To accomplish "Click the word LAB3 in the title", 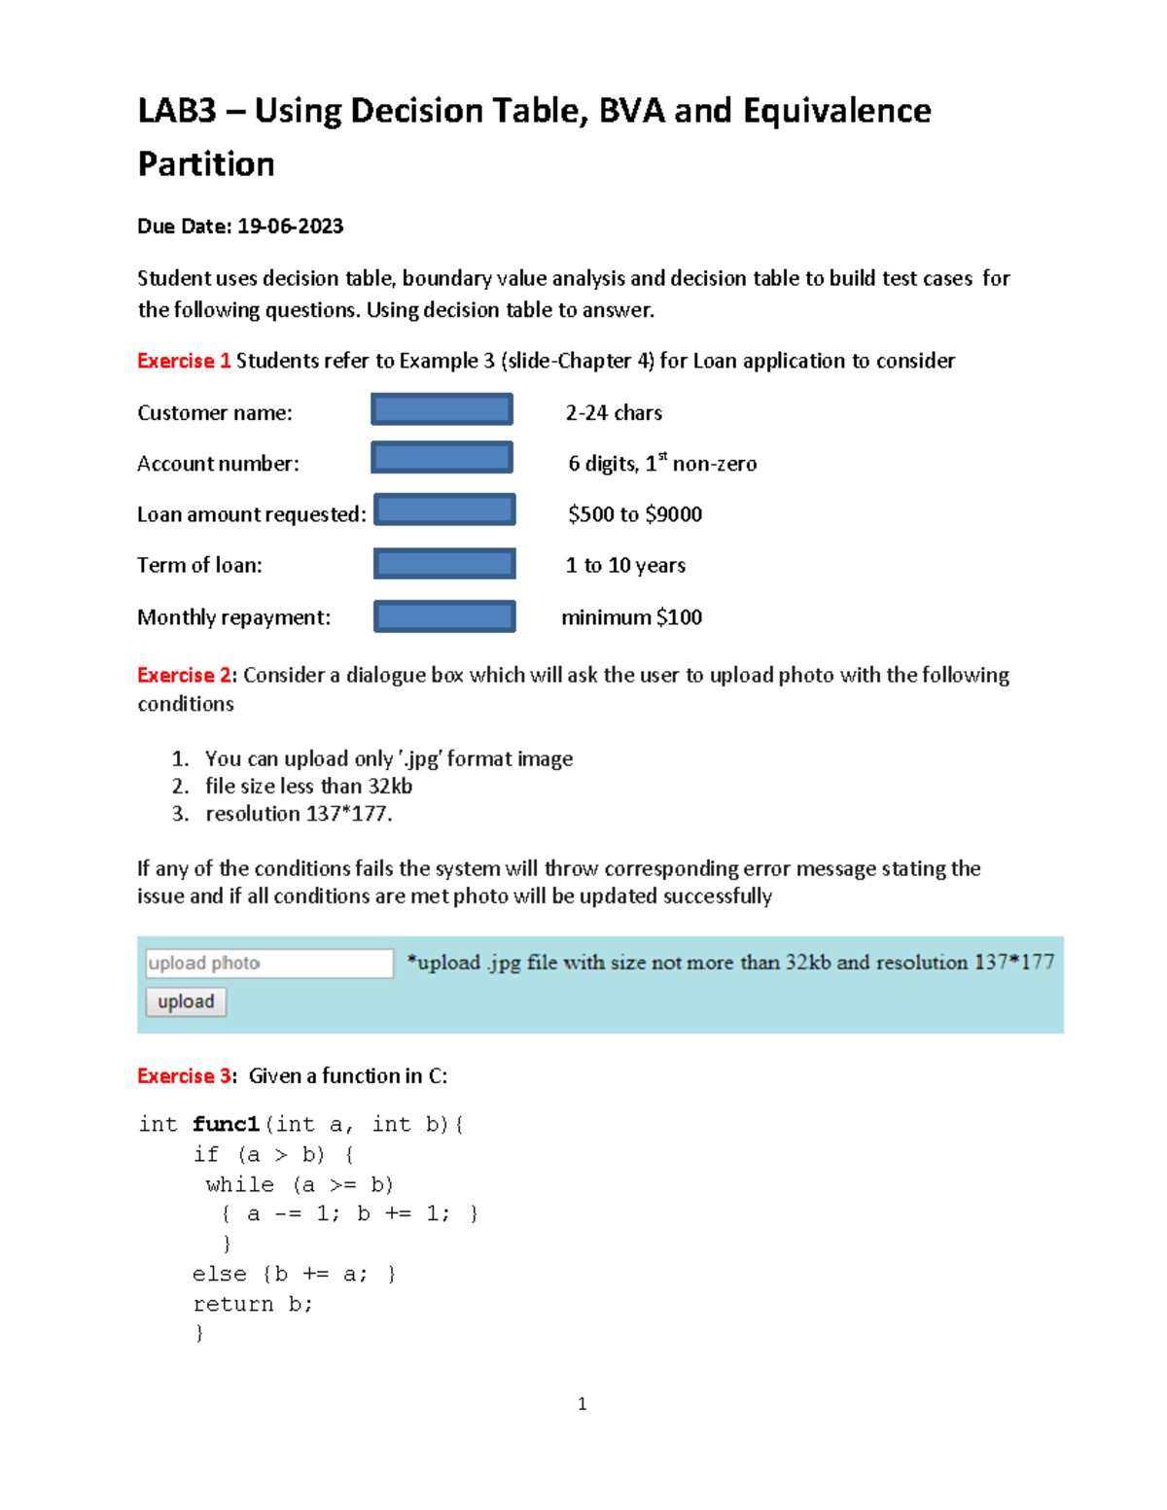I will tap(176, 111).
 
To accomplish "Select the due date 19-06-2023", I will tap(290, 227).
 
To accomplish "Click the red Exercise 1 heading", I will tap(184, 361).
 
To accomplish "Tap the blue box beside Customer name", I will tap(442, 409).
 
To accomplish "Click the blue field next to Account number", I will tap(442, 457).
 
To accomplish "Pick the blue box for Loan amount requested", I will tap(444, 509).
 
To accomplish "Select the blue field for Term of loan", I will tap(444, 563).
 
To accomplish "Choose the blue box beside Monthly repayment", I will tap(444, 616).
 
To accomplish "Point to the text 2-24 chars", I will tap(614, 413).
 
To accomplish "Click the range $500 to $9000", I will tap(635, 514).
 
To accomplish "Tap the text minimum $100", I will tap(631, 617).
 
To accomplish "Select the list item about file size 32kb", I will tap(308, 786).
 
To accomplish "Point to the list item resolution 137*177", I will tap(299, 814).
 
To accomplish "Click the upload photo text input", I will tap(269, 963).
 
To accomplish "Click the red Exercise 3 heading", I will tap(185, 1075).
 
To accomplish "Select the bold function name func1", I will tap(226, 1125).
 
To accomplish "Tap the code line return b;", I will tap(253, 1304).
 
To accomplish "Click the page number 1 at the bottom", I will tap(582, 1403).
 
